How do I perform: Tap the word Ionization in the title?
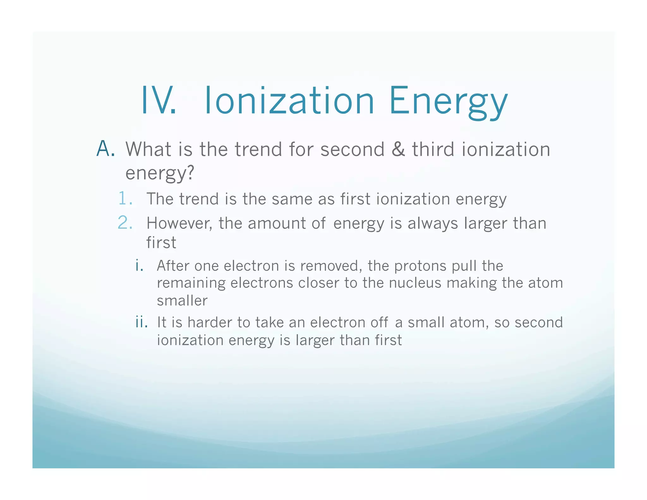coord(289,101)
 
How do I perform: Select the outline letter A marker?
coord(105,149)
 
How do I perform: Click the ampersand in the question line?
coord(398,149)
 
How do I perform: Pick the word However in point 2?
coord(179,223)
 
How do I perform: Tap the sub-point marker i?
coord(139,265)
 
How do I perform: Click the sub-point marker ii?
coord(141,322)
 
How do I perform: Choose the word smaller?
coord(182,301)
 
